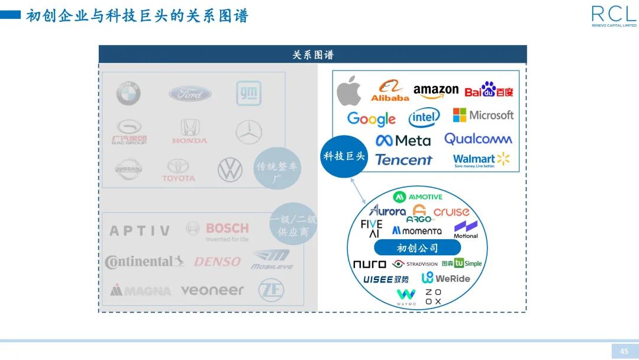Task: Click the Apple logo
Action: click(349, 91)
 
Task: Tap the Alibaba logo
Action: click(390, 91)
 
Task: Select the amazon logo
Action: click(436, 91)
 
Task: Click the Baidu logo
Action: click(489, 90)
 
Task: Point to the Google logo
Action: click(372, 119)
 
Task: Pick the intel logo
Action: click(424, 118)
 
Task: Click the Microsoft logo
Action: click(483, 115)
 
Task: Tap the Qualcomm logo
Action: click(478, 139)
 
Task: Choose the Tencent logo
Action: click(404, 160)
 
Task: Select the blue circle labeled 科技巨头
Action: click(345, 156)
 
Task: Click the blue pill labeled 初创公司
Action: click(418, 248)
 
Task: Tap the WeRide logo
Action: click(446, 278)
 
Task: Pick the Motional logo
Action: click(466, 229)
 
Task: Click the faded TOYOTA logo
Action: click(178, 171)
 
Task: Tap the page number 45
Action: click(624, 351)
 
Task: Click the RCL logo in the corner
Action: click(614, 16)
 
